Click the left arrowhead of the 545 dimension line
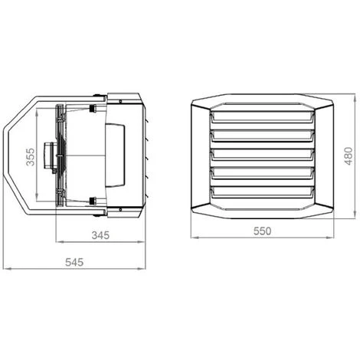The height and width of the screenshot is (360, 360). (x=5, y=270)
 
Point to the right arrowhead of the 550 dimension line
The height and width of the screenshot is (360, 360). (x=335, y=238)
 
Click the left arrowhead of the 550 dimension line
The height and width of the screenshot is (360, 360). (x=191, y=238)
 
